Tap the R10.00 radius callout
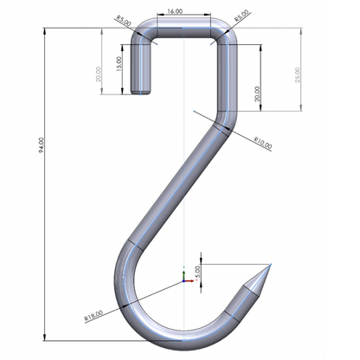(263, 141)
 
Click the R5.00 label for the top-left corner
(124, 21)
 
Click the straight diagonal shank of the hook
(173, 182)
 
